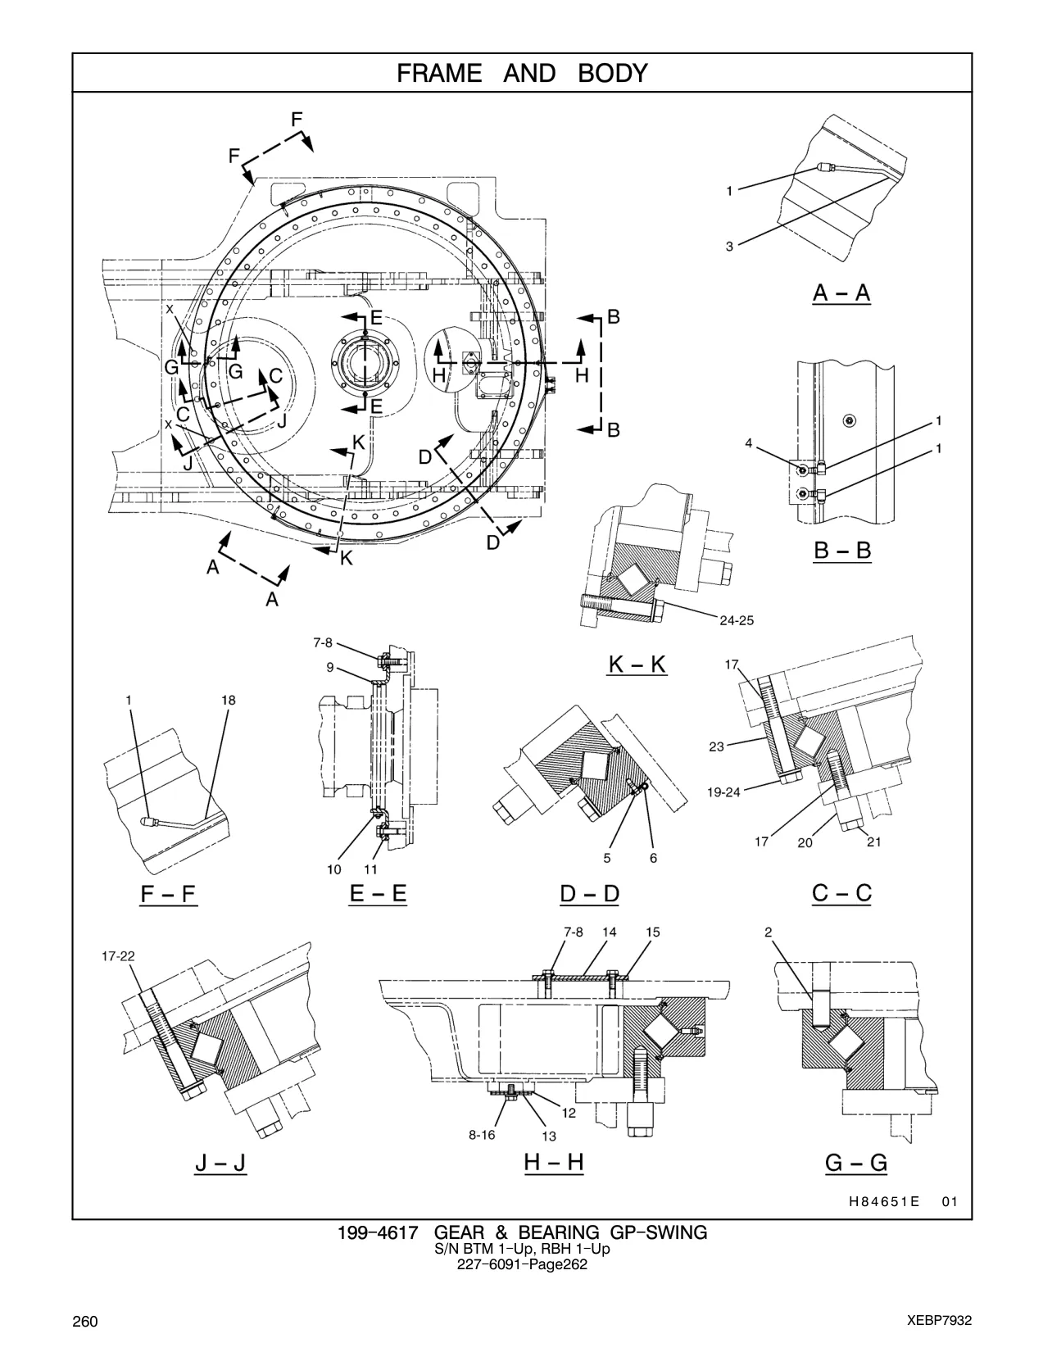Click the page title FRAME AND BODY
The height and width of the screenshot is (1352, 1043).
[522, 74]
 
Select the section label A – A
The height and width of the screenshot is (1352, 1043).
[841, 293]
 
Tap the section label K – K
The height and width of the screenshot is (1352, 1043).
[637, 665]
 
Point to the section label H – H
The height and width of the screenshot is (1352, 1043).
[554, 1162]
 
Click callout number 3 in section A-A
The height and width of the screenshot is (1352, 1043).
[729, 247]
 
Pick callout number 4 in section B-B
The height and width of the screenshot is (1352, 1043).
[749, 443]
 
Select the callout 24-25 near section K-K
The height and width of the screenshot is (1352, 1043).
[737, 620]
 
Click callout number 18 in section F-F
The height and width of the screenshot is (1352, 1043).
[229, 700]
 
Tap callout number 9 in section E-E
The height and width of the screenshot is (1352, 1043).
[330, 668]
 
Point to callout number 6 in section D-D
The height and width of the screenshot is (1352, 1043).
[653, 858]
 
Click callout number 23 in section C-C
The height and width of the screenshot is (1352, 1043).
[716, 746]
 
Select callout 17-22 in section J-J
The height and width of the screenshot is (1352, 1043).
[118, 956]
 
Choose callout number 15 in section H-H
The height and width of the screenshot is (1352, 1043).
[652, 932]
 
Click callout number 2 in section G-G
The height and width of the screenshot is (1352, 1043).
[768, 932]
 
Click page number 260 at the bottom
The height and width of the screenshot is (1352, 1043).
[85, 1322]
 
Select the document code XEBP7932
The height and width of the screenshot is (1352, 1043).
[939, 1321]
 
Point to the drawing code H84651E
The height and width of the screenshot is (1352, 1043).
[884, 1202]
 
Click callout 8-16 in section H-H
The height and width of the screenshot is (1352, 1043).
[482, 1135]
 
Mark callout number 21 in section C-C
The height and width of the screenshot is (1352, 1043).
[874, 842]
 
